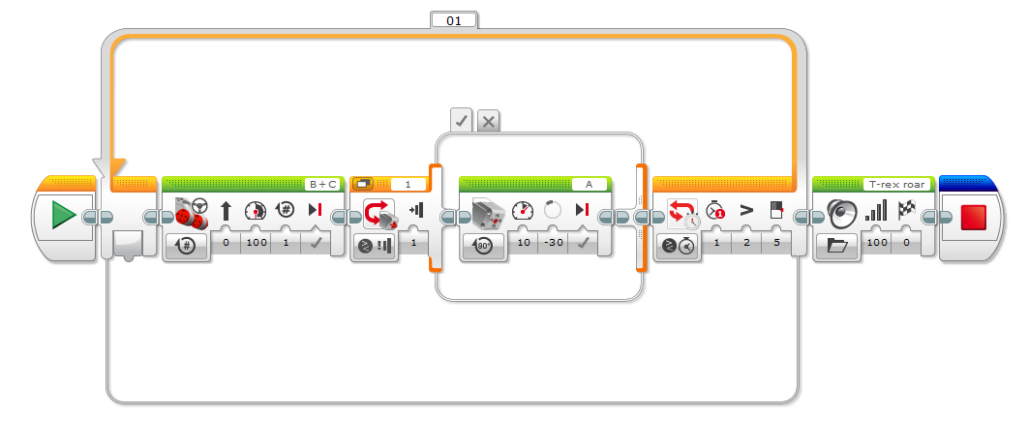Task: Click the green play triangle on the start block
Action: [64, 215]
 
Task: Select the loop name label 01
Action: [454, 19]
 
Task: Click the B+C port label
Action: [321, 184]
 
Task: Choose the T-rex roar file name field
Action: [897, 184]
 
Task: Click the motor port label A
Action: [589, 184]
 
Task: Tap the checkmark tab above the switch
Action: [462, 121]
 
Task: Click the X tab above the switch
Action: [489, 121]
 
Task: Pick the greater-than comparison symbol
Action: [746, 210]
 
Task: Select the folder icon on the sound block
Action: [838, 245]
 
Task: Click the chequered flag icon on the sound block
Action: [908, 210]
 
